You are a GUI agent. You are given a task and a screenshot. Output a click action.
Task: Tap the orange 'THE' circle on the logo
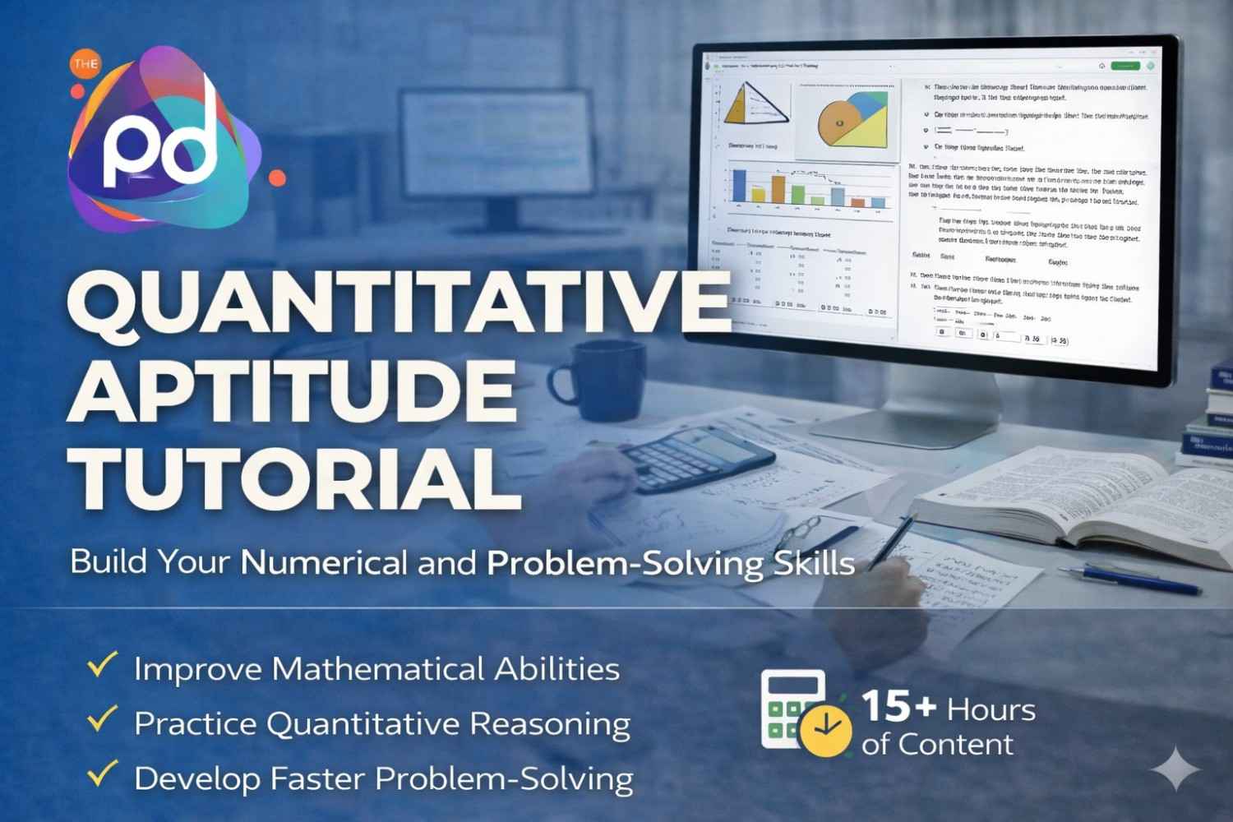pos(85,64)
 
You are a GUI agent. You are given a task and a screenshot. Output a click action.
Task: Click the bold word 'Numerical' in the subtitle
pos(324,563)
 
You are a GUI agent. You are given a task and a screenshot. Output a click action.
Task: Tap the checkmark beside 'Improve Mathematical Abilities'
pos(103,665)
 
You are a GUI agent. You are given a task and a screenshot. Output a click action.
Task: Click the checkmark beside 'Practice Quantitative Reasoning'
pos(103,719)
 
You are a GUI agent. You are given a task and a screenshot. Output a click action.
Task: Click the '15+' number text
pos(898,707)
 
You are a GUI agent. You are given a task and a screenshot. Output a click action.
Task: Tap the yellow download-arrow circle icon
pos(826,728)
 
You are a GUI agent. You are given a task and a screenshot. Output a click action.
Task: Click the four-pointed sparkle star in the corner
pos(1175,769)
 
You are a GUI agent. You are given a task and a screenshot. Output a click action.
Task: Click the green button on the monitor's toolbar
pos(1124,66)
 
